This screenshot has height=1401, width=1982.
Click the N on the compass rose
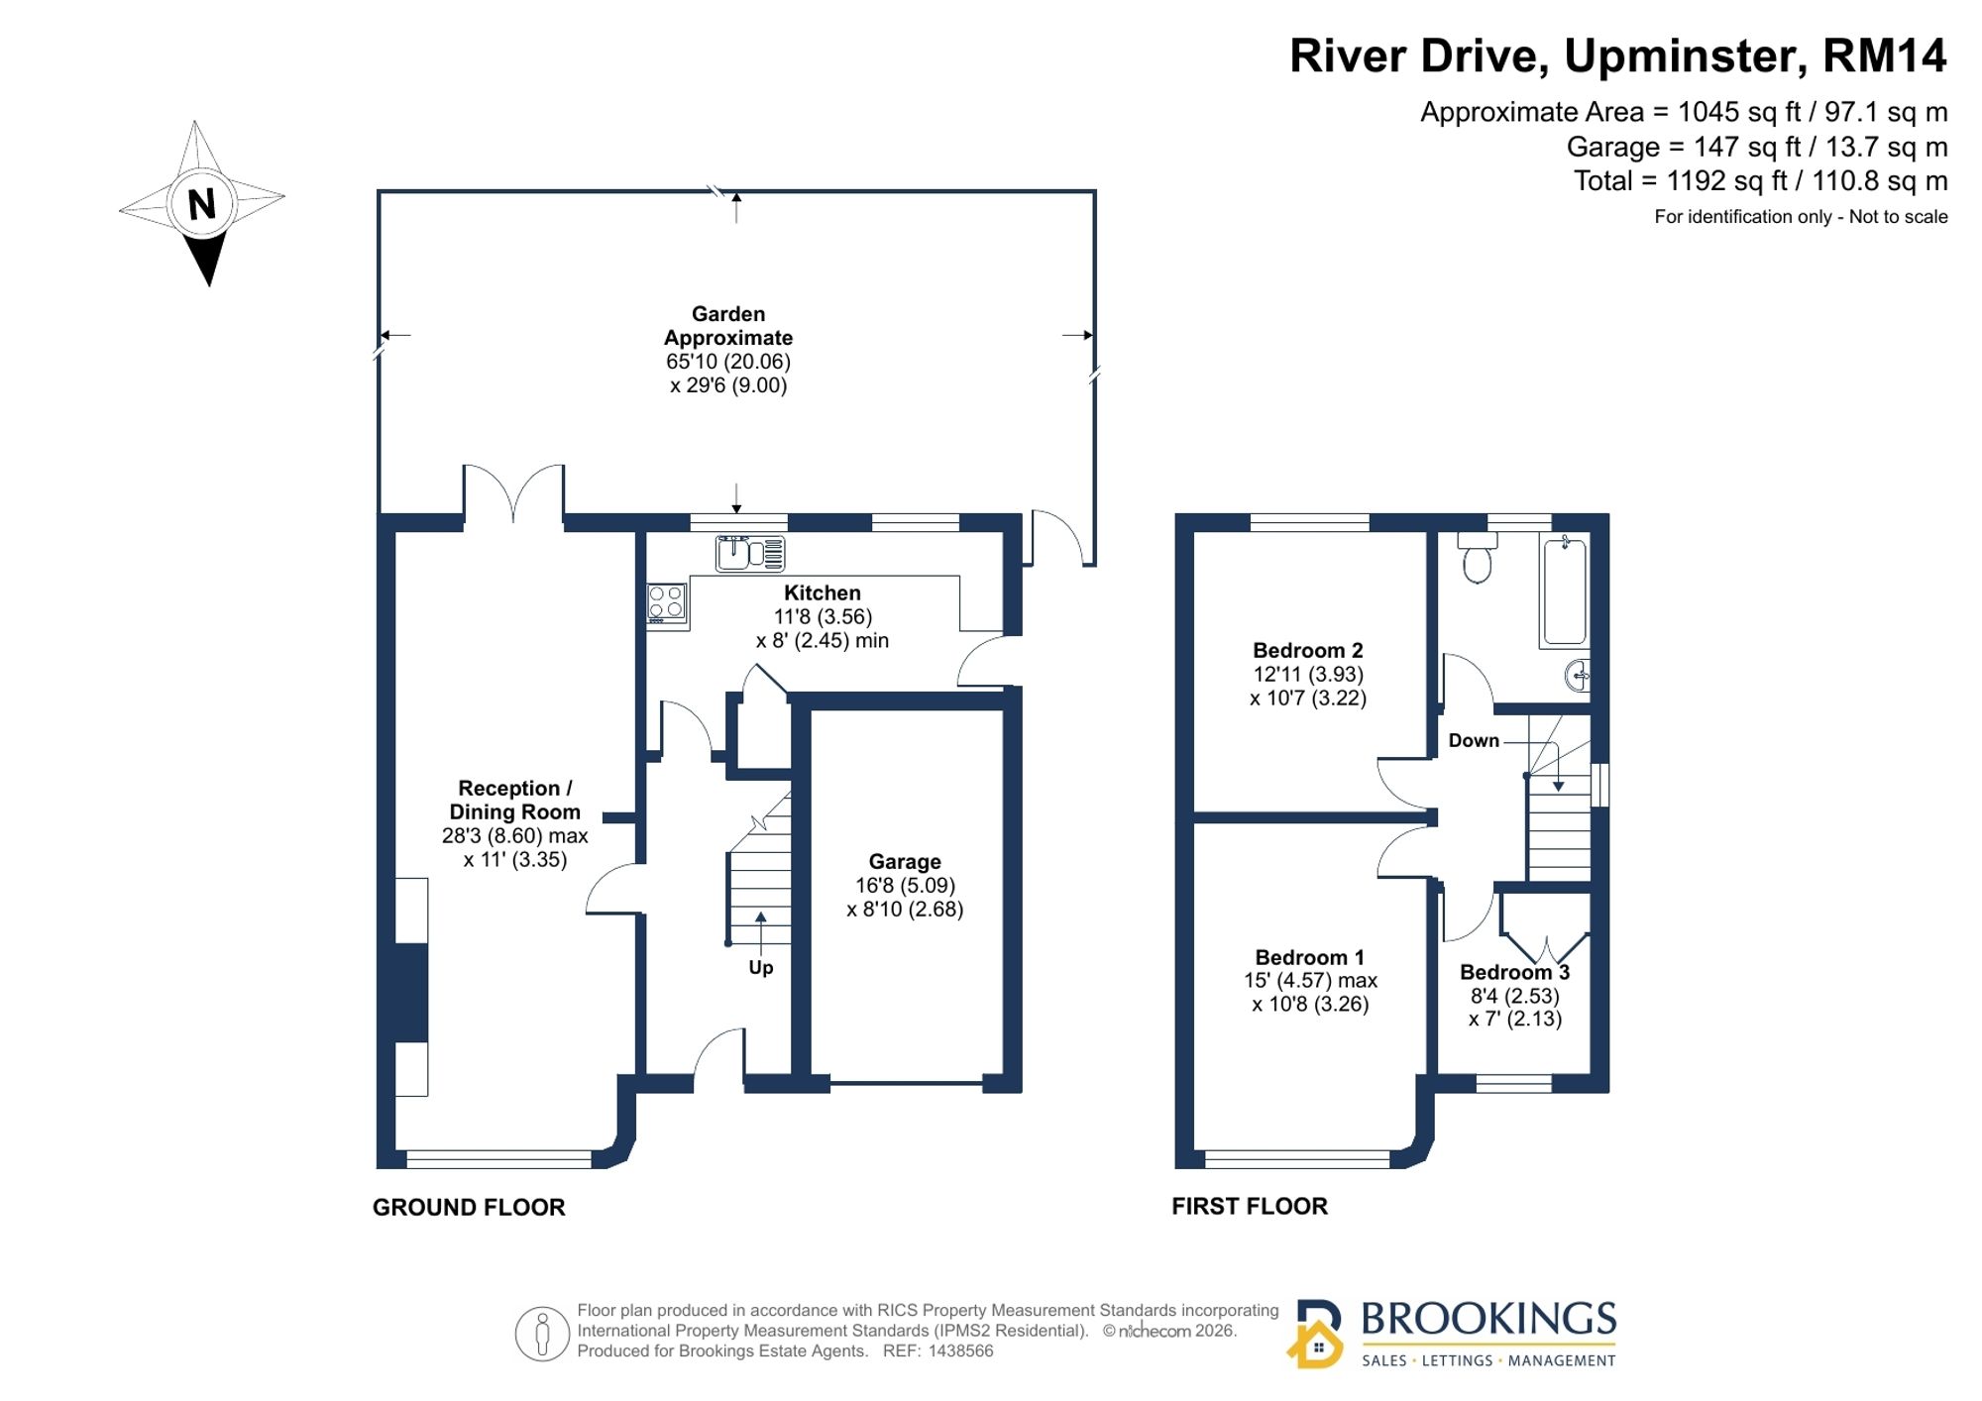(202, 204)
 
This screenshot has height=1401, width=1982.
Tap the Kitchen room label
(823, 593)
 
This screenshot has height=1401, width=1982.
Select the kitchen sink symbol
(750, 553)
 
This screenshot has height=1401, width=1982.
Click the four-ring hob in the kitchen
(666, 602)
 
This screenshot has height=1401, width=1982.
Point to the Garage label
(905, 862)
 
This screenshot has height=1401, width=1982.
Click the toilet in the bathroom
(1477, 558)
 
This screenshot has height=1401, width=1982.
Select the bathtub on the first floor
(1565, 591)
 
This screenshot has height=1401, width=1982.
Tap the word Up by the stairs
(761, 967)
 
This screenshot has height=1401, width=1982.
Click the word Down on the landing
(1474, 740)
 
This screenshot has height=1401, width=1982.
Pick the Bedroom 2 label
(1308, 650)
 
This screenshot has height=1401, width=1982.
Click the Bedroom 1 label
(1309, 957)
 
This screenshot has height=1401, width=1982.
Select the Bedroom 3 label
(1514, 972)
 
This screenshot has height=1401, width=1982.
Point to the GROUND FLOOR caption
(469, 1207)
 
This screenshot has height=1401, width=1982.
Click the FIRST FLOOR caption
(1250, 1206)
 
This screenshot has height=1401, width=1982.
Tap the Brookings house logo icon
(1316, 1334)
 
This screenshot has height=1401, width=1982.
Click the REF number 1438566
(960, 1350)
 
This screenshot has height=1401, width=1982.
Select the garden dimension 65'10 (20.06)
(728, 362)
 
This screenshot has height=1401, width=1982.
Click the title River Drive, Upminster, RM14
(1618, 55)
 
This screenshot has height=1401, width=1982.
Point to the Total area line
(1761, 181)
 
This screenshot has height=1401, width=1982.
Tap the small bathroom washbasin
(1578, 676)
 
